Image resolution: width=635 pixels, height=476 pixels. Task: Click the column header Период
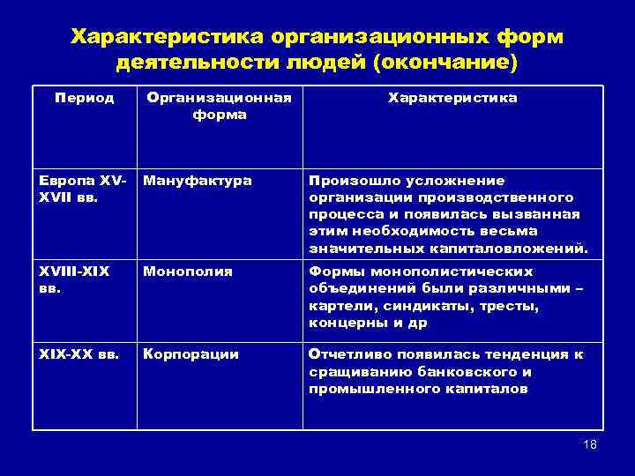click(84, 98)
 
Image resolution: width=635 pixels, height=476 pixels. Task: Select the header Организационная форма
click(219, 106)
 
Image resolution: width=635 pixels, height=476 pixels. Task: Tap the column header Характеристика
click(452, 98)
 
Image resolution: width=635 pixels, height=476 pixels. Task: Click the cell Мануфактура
click(197, 180)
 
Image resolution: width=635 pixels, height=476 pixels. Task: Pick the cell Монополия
click(188, 271)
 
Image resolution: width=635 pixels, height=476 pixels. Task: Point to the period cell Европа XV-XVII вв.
click(84, 188)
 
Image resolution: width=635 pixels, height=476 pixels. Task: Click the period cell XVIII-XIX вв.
click(74, 279)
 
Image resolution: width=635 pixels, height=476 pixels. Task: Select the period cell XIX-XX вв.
click(78, 353)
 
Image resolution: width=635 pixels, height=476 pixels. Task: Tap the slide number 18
click(590, 444)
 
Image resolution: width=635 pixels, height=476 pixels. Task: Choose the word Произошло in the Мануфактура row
click(347, 180)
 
